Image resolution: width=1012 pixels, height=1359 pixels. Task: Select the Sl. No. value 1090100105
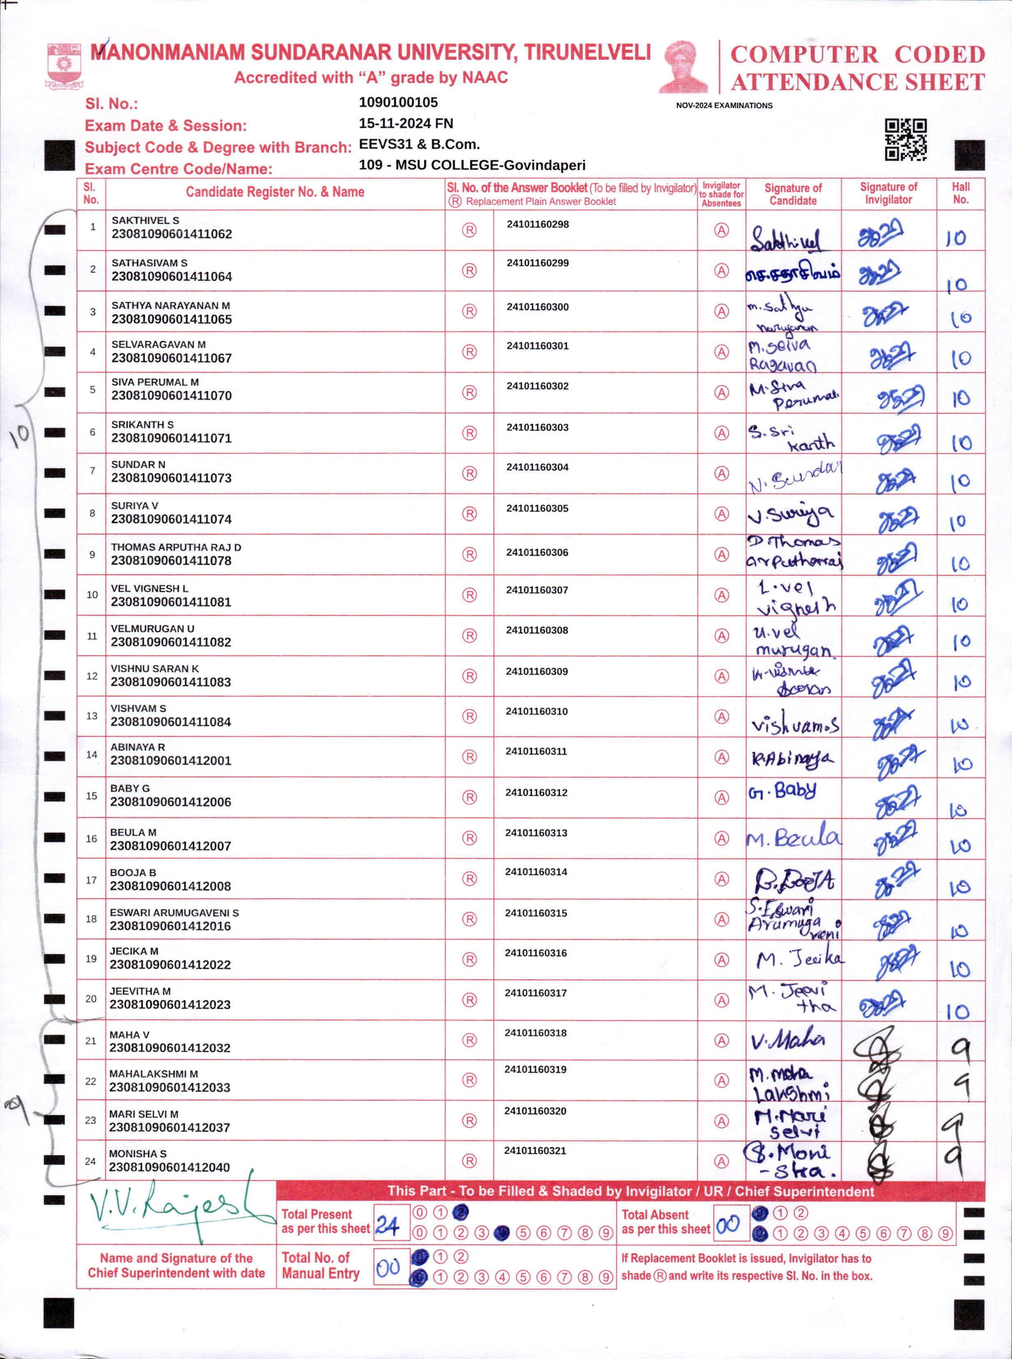(398, 102)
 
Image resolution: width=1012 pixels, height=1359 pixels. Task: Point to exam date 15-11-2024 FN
(405, 123)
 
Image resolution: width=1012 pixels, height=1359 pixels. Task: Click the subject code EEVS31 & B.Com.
(419, 144)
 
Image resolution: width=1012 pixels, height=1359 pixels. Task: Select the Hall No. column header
(960, 193)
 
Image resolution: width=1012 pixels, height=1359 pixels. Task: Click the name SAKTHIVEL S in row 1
(145, 220)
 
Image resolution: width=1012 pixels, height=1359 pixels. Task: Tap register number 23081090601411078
(171, 560)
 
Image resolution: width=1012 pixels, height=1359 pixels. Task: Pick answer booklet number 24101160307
(537, 590)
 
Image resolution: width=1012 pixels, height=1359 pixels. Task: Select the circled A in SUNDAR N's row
(722, 473)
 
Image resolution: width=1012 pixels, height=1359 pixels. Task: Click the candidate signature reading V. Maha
(787, 1039)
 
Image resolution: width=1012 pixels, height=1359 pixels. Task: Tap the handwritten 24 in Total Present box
(387, 1225)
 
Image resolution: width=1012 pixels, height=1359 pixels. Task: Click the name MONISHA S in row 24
(138, 1153)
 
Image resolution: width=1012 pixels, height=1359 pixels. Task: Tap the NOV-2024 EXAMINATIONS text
(724, 105)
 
